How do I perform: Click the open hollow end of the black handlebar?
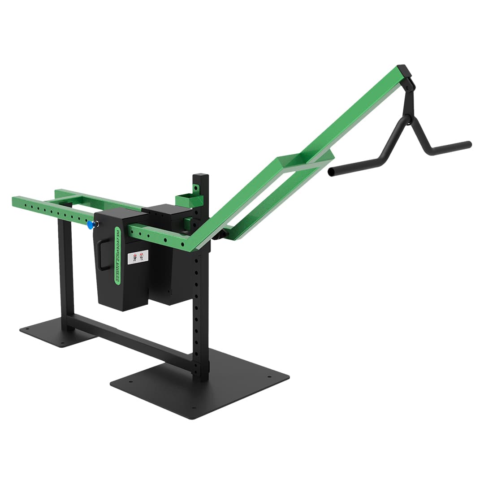[x=331, y=172]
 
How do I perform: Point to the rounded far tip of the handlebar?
[x=469, y=144]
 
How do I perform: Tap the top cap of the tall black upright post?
[x=200, y=175]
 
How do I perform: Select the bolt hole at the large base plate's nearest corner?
[x=193, y=408]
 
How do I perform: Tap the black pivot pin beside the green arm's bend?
[x=219, y=236]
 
